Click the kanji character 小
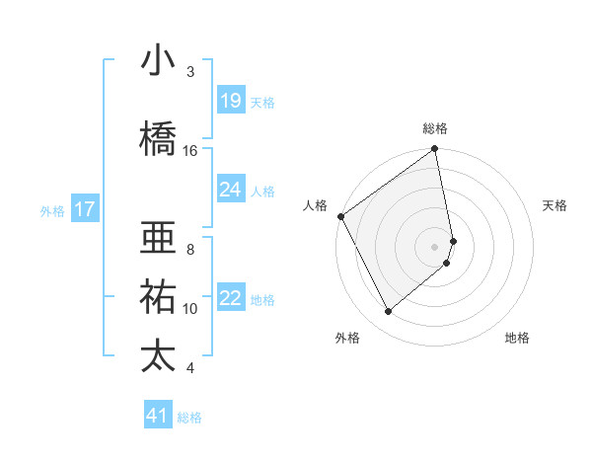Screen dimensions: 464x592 coord(158,61)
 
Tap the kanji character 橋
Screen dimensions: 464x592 coord(158,137)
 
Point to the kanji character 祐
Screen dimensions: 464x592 coord(158,296)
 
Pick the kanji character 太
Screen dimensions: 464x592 coord(158,355)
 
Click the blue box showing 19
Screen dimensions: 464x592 coord(230,101)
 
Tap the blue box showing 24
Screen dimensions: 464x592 coord(230,190)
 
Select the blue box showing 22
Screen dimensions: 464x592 coord(230,299)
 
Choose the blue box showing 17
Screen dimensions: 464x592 coord(84,209)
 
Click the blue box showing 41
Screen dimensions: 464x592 coord(158,416)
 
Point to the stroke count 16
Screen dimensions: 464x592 coord(190,150)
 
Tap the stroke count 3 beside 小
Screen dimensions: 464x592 coord(190,72)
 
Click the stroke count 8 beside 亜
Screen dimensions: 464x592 coord(190,250)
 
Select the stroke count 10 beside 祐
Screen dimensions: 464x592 coord(190,309)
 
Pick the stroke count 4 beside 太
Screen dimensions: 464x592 coord(190,368)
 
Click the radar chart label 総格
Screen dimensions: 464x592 coord(435,128)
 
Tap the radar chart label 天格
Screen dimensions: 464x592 coord(555,205)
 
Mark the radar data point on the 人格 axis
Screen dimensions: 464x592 coord(340,216)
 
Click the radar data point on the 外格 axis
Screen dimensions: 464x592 coord(388,312)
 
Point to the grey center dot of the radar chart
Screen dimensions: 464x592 coord(435,246)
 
